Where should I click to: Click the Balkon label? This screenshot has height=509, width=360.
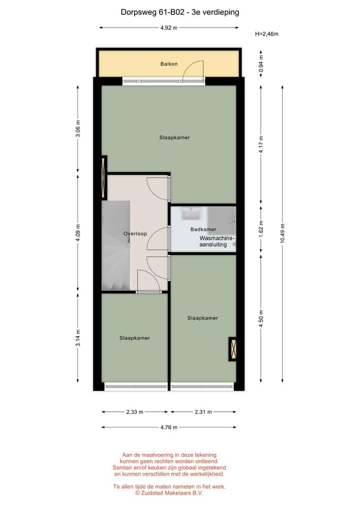pyautogui.click(x=169, y=64)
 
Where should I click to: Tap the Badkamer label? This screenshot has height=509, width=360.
pyautogui.click(x=203, y=229)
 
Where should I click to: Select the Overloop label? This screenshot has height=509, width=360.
pyautogui.click(x=135, y=233)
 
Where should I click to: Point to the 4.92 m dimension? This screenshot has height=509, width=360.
pyautogui.click(x=169, y=28)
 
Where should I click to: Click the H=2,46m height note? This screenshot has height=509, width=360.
pyautogui.click(x=267, y=34)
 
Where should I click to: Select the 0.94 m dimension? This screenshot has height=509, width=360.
pyautogui.click(x=260, y=64)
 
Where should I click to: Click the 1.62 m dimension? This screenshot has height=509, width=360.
pyautogui.click(x=260, y=229)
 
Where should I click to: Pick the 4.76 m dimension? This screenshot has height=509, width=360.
pyautogui.click(x=169, y=427)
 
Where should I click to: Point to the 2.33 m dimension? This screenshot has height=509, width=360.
pyautogui.click(x=135, y=412)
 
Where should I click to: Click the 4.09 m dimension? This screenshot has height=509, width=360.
pyautogui.click(x=78, y=233)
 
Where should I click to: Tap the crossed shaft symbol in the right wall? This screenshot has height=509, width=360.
pyautogui.click(x=233, y=349)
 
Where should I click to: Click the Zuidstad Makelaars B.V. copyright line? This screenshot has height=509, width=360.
pyautogui.click(x=169, y=493)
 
